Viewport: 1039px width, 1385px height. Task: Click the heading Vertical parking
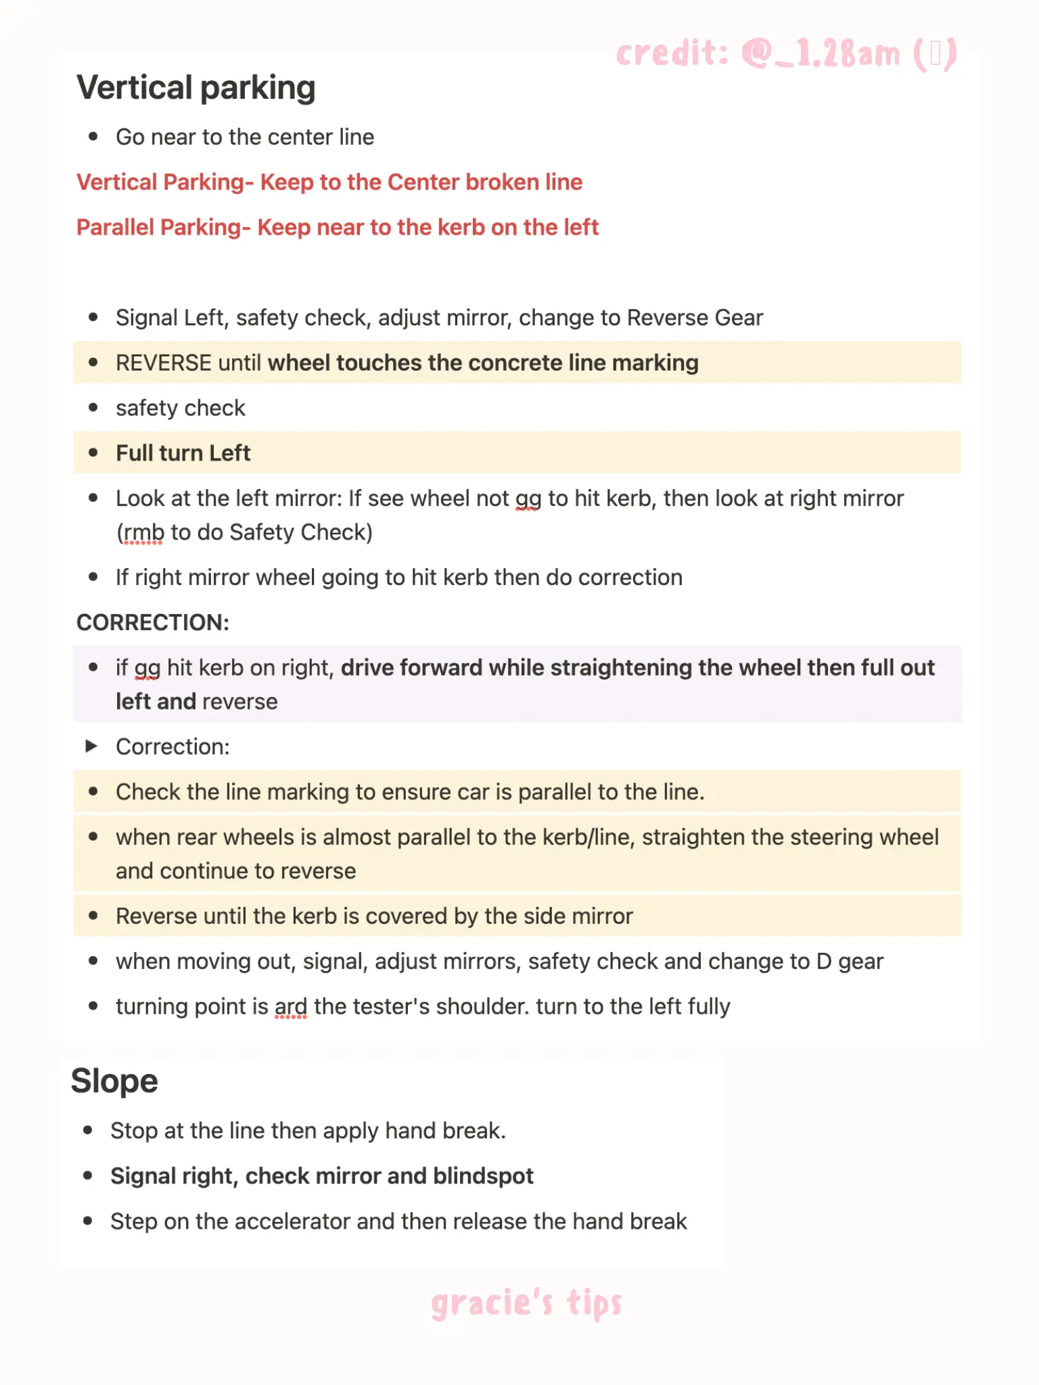click(x=196, y=88)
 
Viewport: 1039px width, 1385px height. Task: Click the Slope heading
click(x=114, y=1081)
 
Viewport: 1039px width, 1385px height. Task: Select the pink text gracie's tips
click(x=526, y=1302)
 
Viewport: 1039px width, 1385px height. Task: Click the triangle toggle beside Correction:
click(x=91, y=746)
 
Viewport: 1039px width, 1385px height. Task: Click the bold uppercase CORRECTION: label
click(x=153, y=622)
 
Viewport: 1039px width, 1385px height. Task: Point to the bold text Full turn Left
click(x=183, y=453)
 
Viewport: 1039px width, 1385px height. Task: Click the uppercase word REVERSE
click(x=164, y=363)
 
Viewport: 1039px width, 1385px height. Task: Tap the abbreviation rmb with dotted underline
click(x=143, y=533)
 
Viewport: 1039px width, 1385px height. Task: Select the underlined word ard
click(x=291, y=1007)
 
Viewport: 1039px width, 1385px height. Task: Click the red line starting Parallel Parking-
click(x=338, y=228)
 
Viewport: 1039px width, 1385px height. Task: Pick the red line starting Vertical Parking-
click(x=329, y=183)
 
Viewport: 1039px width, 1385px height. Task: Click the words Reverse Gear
click(x=695, y=318)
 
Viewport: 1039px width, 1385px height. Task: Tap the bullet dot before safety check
click(x=93, y=408)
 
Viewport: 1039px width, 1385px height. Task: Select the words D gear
click(x=850, y=962)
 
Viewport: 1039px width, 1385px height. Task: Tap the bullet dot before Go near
click(x=93, y=137)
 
